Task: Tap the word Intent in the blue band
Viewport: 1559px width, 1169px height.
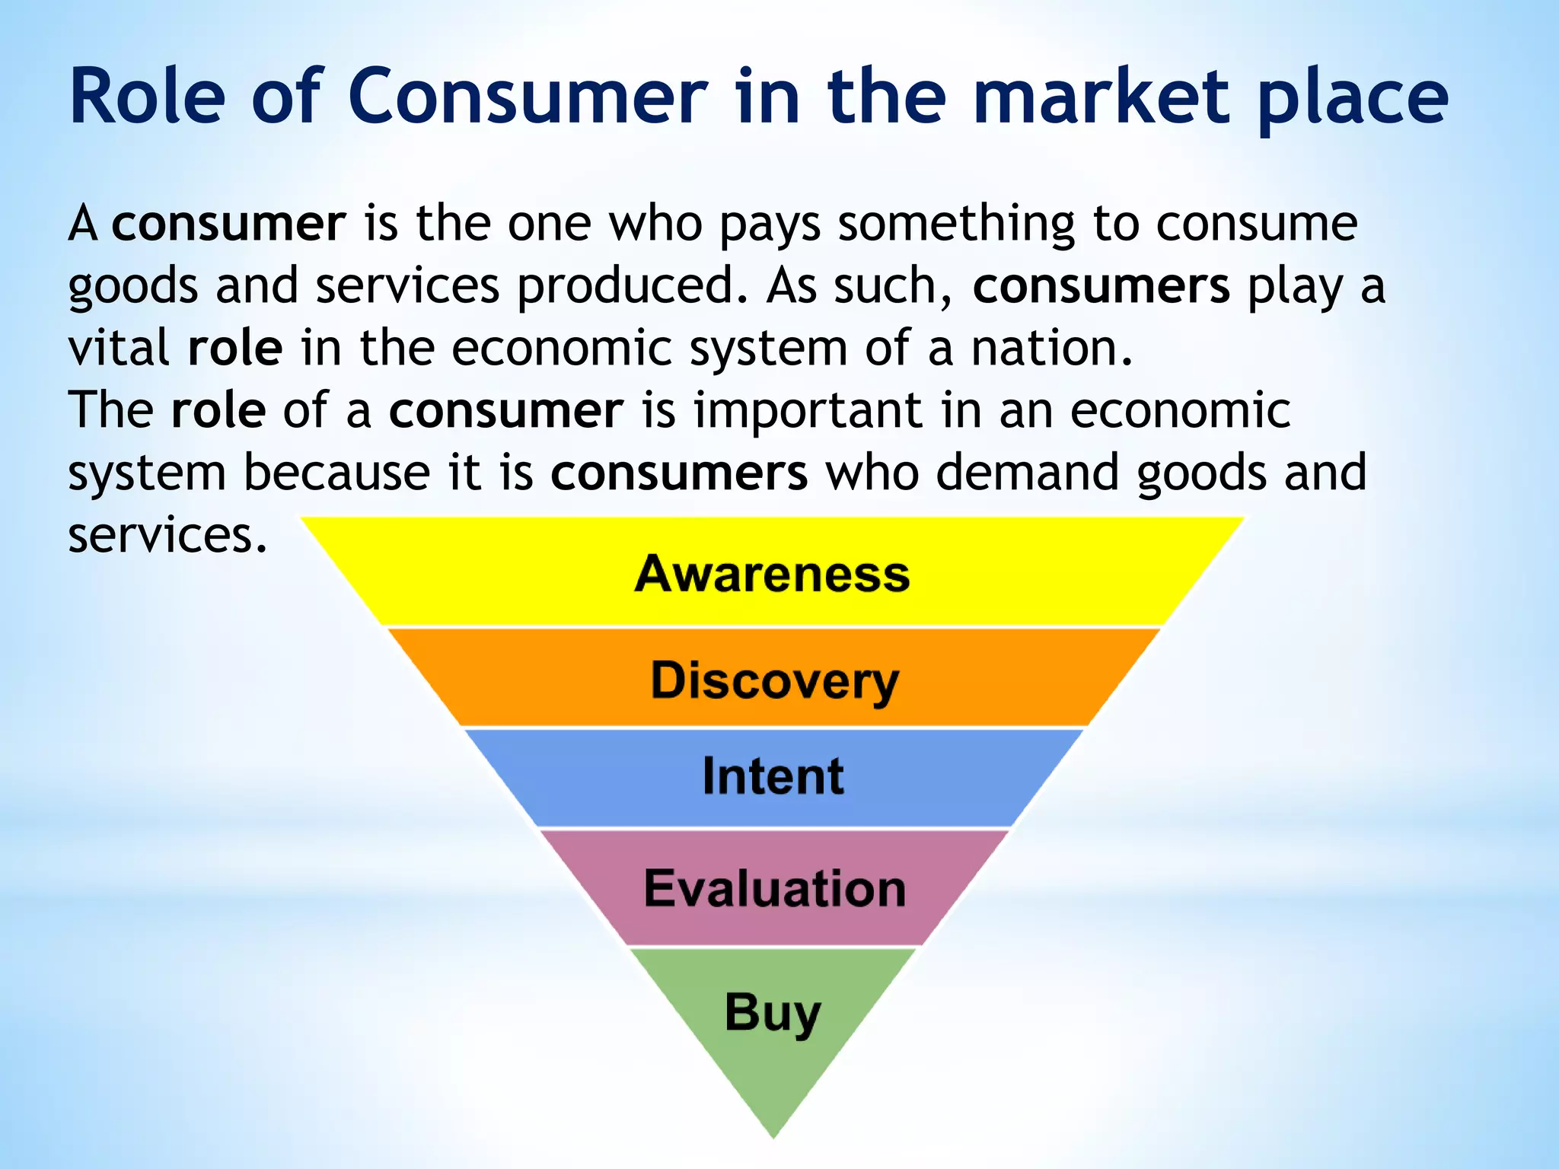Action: point(773,776)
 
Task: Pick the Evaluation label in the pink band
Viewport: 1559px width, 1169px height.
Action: point(774,888)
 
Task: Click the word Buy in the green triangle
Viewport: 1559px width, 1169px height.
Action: point(772,1012)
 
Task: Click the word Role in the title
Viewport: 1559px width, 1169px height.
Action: point(148,97)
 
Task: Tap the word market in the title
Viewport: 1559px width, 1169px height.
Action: point(1101,97)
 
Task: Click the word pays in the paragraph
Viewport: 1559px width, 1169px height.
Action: point(770,226)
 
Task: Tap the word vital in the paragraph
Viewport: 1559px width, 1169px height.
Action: point(119,349)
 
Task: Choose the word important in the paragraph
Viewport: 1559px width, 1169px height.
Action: point(808,412)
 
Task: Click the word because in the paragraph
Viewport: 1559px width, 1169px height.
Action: point(337,473)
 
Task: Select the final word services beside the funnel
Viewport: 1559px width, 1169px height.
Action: point(167,535)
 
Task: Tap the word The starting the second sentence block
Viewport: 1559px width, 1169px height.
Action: point(111,411)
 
